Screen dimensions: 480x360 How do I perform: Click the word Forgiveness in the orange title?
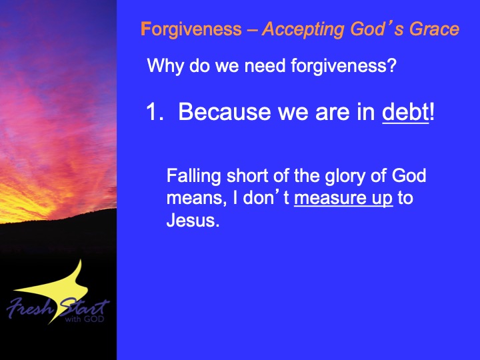pyautogui.click(x=191, y=30)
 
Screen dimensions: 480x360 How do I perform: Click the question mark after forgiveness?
pyautogui.click(x=392, y=65)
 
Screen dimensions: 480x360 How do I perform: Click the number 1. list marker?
pyautogui.click(x=155, y=111)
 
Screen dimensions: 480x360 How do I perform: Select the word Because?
pyautogui.click(x=225, y=111)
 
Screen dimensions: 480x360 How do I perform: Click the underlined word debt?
pyautogui.click(x=405, y=112)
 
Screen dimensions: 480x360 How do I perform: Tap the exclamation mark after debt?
pyautogui.click(x=432, y=111)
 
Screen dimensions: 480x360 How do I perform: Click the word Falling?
pyautogui.click(x=194, y=176)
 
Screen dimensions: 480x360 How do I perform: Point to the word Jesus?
pyautogui.click(x=193, y=220)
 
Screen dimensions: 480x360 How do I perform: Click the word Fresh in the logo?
pyautogui.click(x=30, y=307)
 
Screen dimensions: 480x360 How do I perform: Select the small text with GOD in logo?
pyautogui.click(x=85, y=319)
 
